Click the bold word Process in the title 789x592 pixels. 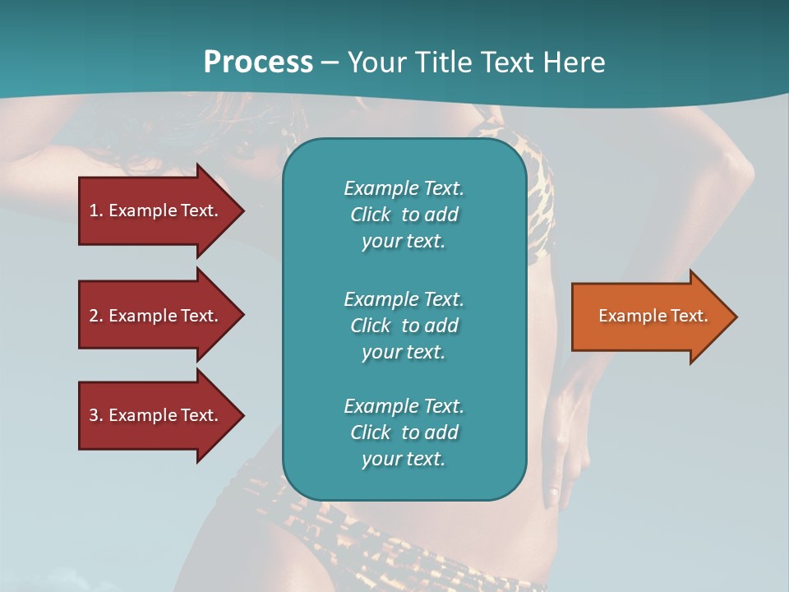pos(258,62)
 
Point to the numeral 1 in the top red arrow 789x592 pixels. pos(93,210)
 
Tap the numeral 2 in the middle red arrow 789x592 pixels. pos(93,316)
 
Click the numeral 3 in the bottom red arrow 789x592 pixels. pos(93,415)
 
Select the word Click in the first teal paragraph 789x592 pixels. pos(370,215)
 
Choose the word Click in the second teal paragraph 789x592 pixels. pos(370,326)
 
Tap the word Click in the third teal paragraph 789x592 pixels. pos(370,432)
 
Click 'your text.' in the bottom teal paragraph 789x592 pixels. pos(404,459)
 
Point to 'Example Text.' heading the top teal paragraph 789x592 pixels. pos(404,188)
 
